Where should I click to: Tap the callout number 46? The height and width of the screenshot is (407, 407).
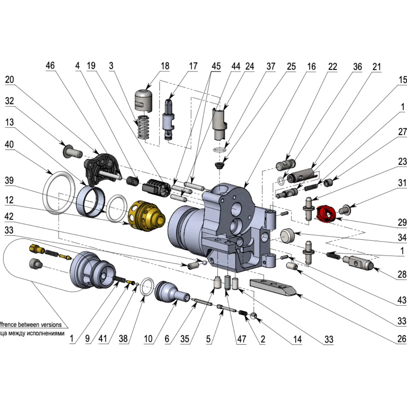(50, 65)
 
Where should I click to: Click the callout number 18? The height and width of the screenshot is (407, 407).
(165, 66)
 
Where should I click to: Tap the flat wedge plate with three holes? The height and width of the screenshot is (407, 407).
(273, 287)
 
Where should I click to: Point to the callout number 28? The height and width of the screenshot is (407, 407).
(402, 274)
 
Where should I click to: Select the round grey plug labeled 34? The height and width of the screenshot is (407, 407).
(288, 235)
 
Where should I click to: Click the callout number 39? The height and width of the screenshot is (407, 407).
(9, 180)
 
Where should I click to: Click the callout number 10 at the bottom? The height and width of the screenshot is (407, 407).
(148, 338)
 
